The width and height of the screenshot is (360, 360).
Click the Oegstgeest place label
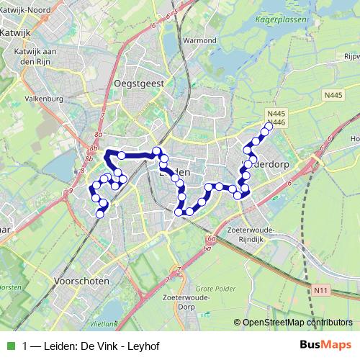pos(139,84)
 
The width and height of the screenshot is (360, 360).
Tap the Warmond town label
pos(200,40)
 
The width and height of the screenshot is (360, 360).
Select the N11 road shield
pos(321,290)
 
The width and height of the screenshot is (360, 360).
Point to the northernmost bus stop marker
pos(269,127)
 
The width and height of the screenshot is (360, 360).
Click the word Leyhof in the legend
pos(143,346)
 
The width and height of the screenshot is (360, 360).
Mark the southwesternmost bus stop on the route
pos(101,212)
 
